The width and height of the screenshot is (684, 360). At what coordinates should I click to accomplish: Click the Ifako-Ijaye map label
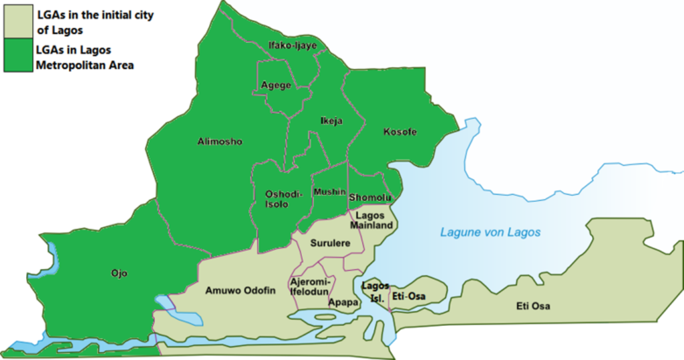pyautogui.click(x=292, y=45)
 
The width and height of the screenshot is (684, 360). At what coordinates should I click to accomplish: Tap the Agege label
pyautogui.click(x=276, y=85)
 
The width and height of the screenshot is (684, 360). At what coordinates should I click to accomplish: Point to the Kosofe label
pyautogui.click(x=399, y=132)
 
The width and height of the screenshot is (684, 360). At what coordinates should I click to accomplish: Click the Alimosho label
pyautogui.click(x=220, y=142)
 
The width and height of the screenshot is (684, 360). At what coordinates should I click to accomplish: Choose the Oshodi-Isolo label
pyautogui.click(x=284, y=198)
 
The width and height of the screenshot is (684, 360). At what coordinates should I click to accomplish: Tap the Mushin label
pyautogui.click(x=329, y=191)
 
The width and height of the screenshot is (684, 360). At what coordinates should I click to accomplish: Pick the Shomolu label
pyautogui.click(x=369, y=198)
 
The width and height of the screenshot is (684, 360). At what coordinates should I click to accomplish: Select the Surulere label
pyautogui.click(x=330, y=244)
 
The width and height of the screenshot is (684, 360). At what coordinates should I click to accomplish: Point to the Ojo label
pyautogui.click(x=119, y=273)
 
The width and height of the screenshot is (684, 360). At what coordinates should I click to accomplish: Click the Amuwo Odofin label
pyautogui.click(x=240, y=290)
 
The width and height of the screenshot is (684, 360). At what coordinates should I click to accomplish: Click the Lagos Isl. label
pyautogui.click(x=375, y=292)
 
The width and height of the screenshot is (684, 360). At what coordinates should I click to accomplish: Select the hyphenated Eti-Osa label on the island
pyautogui.click(x=409, y=296)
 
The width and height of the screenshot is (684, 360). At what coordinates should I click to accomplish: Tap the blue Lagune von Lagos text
pyautogui.click(x=490, y=232)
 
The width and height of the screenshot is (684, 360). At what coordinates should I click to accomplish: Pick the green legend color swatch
pyautogui.click(x=17, y=55)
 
